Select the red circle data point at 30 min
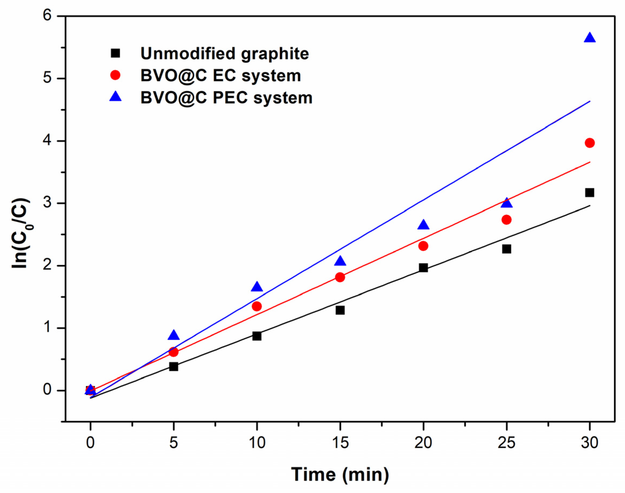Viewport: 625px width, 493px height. [589, 143]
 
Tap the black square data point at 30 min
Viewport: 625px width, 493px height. [589, 192]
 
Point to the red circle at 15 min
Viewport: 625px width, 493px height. [340, 277]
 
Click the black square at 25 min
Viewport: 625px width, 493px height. [506, 249]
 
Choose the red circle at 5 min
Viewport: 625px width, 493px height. [174, 352]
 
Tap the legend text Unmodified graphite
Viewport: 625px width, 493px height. [224, 54]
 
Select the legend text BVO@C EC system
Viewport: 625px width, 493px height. [221, 76]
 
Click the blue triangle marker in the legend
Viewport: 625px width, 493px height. [115, 97]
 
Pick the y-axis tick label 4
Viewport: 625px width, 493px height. [47, 141]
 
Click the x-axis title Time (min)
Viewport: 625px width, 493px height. [340, 474]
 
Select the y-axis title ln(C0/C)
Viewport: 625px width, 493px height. [21, 233]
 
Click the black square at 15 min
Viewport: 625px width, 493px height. [340, 310]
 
